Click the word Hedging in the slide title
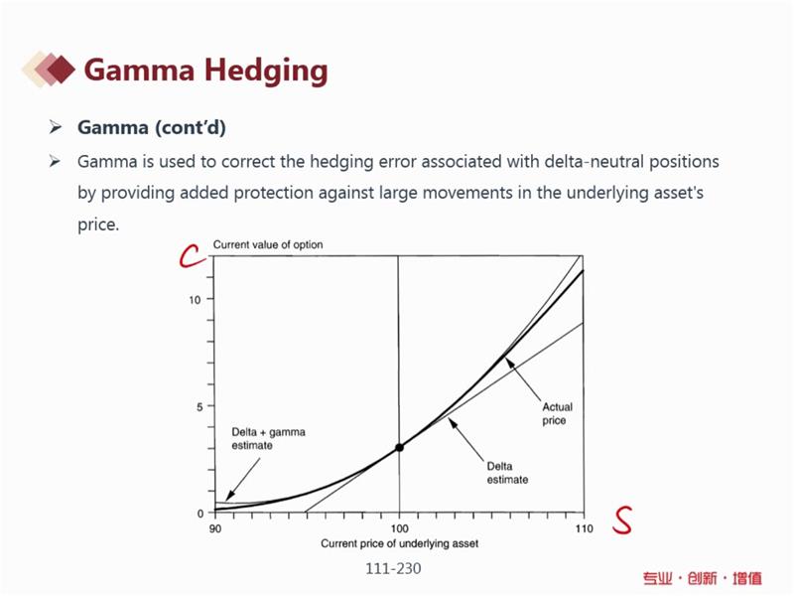(x=266, y=71)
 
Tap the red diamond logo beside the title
(x=49, y=69)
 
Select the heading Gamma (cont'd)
(x=152, y=127)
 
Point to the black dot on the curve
(x=399, y=448)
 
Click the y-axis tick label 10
(x=195, y=300)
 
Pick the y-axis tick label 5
(x=199, y=407)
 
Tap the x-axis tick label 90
(x=215, y=528)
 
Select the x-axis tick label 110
(x=584, y=528)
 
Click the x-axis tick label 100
(x=400, y=528)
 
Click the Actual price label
(x=557, y=413)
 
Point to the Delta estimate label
(x=507, y=473)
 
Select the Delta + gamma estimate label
(x=268, y=439)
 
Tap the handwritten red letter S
(x=622, y=520)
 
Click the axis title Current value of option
(x=268, y=244)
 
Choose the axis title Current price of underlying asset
(x=400, y=543)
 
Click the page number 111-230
(x=393, y=568)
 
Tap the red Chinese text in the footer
(x=703, y=578)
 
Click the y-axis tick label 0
(x=200, y=514)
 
